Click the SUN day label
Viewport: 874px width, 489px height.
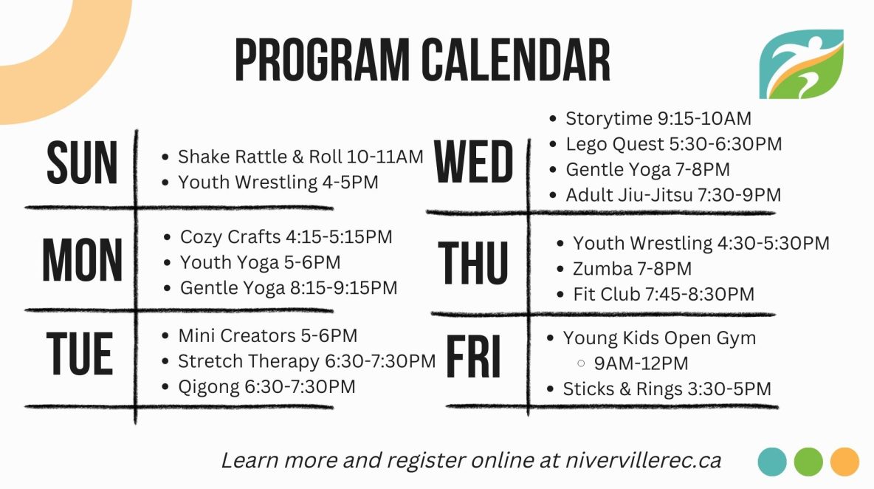point(82,163)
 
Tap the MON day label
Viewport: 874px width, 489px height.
point(82,260)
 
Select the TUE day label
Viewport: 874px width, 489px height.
point(80,354)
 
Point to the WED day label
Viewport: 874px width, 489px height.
point(473,162)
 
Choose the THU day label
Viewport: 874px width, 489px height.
point(473,263)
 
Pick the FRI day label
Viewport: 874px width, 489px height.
point(473,357)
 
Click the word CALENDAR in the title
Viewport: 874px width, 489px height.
point(515,61)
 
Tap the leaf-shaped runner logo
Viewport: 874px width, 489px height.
point(801,64)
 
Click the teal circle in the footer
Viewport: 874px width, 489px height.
point(772,462)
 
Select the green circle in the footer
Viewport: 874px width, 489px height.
point(808,462)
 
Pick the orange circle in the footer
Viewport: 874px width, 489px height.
point(844,462)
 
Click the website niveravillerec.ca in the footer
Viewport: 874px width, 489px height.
point(643,461)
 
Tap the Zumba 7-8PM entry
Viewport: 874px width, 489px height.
point(632,269)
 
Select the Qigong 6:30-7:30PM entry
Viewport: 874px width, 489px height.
point(266,387)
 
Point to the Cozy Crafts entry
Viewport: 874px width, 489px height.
point(286,237)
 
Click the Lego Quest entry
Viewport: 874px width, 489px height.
point(673,145)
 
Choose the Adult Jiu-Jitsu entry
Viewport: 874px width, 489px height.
point(673,195)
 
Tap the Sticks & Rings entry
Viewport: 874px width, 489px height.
point(667,389)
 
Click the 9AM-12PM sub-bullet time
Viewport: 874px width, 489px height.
point(641,363)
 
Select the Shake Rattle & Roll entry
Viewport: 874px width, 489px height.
point(300,157)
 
